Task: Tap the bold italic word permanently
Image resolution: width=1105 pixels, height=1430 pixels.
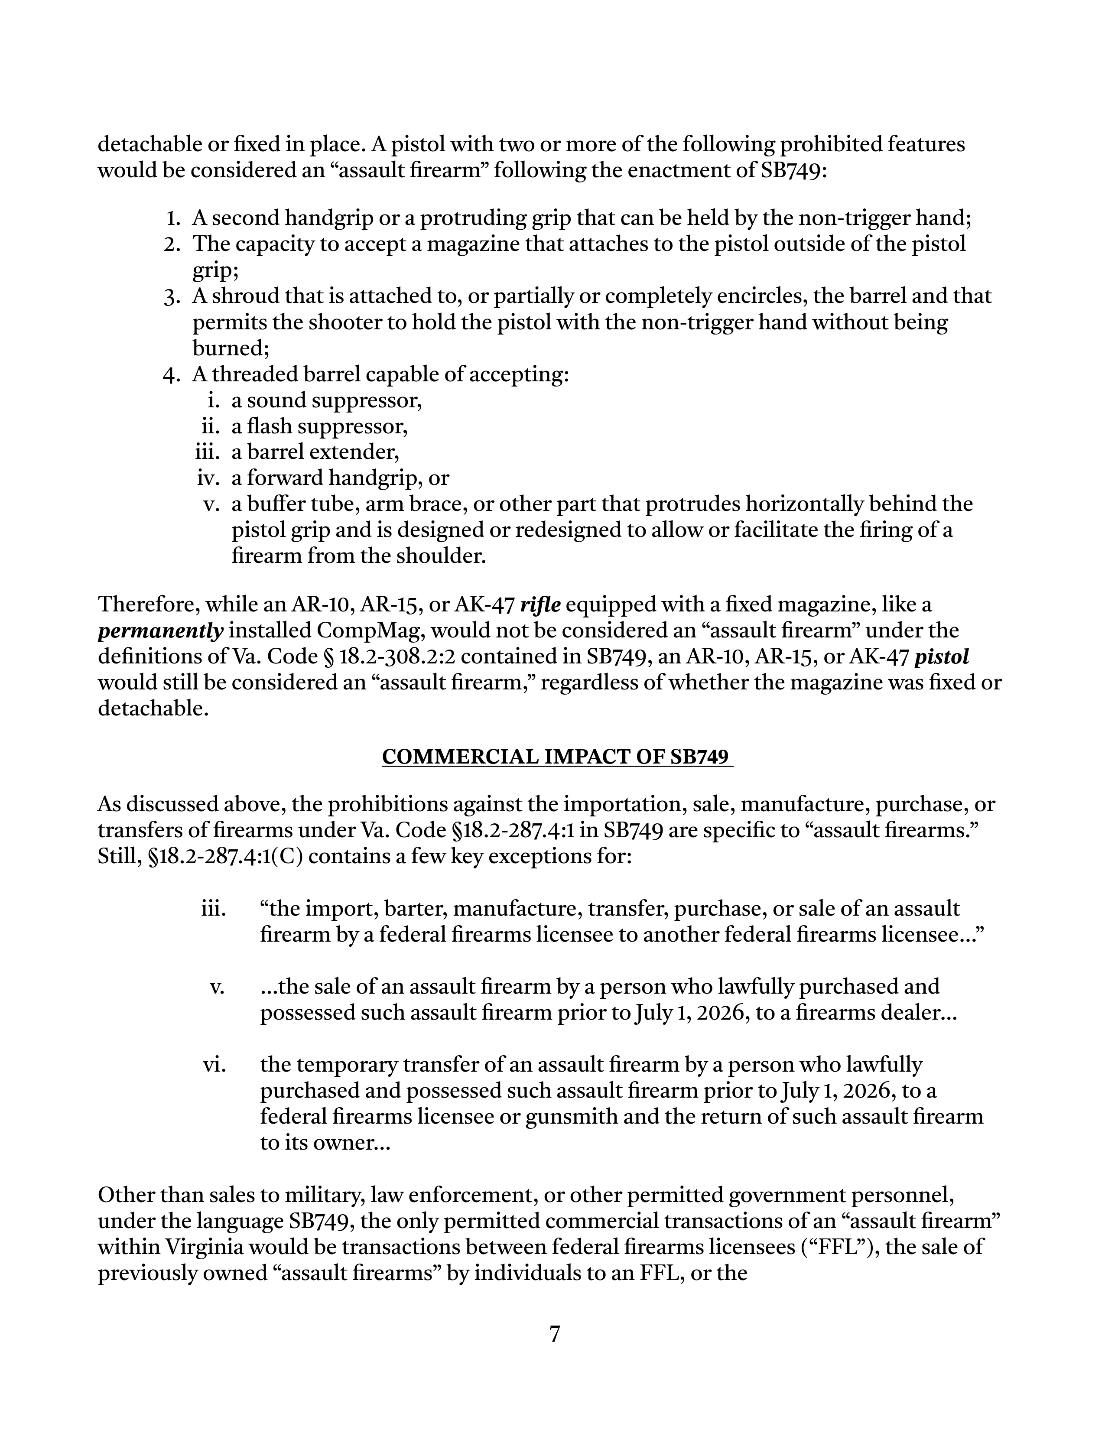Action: pos(160,631)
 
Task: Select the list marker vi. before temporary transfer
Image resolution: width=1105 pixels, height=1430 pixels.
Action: pos(214,1065)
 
